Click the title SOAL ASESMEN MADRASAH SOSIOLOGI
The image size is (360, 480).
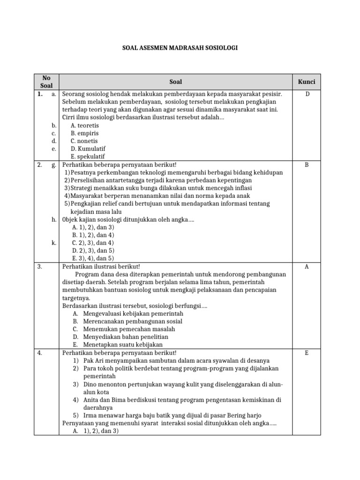pos(180,48)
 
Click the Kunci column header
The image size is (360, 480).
pos(307,82)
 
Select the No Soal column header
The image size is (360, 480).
pos(46,82)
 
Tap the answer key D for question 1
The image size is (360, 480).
pos(307,94)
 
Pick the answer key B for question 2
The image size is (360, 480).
pos(307,165)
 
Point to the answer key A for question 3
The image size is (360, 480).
pos(307,267)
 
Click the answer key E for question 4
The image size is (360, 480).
pos(307,353)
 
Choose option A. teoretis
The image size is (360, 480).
pos(85,126)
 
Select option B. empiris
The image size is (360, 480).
pos(84,133)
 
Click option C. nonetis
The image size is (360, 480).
pos(84,141)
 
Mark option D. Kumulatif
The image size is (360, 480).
pos(87,149)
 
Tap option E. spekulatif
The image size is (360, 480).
pos(88,157)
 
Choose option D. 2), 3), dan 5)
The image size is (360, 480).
pos(93,250)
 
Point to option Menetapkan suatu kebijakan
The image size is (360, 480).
pos(123,345)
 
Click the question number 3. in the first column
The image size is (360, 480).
pos(40,267)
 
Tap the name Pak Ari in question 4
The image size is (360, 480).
pos(94,360)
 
